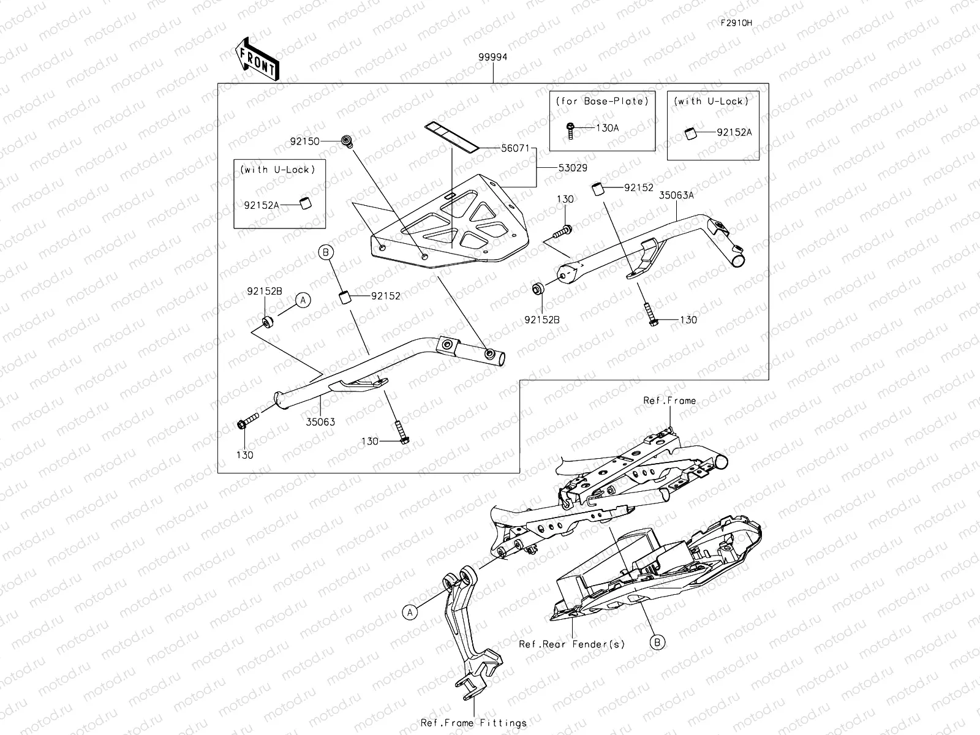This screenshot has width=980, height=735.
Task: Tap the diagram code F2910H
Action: tap(736, 23)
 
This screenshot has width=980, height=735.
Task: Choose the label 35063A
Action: tap(676, 197)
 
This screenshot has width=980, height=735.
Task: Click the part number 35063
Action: tap(322, 422)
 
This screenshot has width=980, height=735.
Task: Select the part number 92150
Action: tap(322, 141)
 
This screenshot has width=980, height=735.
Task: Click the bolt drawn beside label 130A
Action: tap(570, 130)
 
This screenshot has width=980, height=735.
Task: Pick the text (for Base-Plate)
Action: tap(601, 101)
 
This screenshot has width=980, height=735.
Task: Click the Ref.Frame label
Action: tap(669, 401)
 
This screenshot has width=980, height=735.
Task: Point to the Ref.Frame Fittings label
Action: tap(473, 723)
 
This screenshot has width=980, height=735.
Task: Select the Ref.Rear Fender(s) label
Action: tap(571, 644)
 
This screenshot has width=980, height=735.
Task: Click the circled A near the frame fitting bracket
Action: tap(410, 611)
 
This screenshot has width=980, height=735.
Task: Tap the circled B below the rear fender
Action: tap(657, 642)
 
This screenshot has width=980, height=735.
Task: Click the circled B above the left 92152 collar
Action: tap(326, 252)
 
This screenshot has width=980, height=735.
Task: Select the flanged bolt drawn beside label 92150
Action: tap(348, 141)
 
